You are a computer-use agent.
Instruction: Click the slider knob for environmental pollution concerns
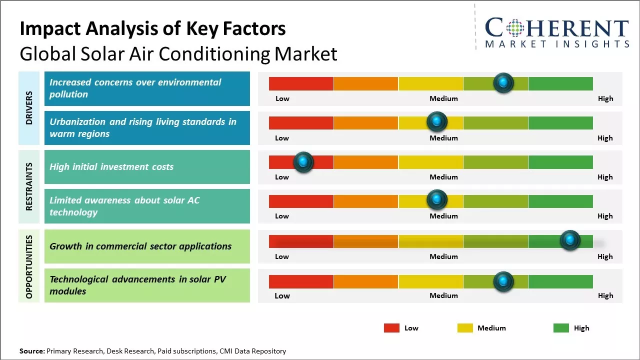[503, 82]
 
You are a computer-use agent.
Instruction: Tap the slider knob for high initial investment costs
[303, 161]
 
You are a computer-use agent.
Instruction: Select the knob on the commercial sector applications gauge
[569, 240]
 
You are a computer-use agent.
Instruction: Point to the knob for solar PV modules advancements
[503, 281]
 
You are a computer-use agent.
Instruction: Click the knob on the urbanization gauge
[437, 121]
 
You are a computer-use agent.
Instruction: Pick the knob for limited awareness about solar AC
[437, 199]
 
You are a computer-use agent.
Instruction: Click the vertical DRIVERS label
[29, 108]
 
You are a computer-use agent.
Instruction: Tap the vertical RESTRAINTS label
[29, 186]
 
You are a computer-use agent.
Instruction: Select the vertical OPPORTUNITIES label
[29, 266]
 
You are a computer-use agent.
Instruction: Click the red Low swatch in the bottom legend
[391, 328]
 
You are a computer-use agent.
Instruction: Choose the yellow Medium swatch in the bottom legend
[465, 328]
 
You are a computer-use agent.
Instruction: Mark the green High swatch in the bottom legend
[561, 328]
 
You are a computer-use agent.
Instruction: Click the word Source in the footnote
[31, 351]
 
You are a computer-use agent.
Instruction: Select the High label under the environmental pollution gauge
[605, 98]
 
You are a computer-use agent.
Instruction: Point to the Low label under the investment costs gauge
[282, 177]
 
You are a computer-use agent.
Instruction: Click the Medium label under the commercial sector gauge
[443, 256]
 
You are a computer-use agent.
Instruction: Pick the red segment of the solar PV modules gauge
[301, 281]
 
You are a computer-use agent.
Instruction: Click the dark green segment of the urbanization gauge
[560, 122]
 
